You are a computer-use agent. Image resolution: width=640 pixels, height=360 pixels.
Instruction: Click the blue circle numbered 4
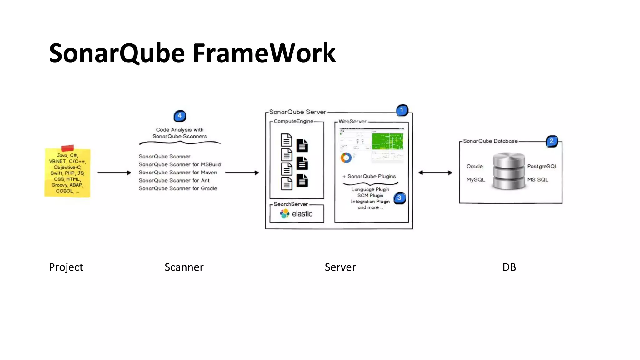180,116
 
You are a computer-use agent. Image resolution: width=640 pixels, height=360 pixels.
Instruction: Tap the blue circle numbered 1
402,110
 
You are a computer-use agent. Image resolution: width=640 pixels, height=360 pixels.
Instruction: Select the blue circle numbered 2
552,141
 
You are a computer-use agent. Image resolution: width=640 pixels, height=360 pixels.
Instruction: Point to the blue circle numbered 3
399,198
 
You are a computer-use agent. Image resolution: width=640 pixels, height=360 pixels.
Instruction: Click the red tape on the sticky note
67,148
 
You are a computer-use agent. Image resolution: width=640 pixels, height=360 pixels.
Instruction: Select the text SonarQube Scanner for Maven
178,172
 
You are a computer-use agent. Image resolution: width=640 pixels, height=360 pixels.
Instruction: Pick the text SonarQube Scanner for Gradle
178,188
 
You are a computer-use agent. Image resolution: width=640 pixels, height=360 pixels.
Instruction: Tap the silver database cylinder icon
508,171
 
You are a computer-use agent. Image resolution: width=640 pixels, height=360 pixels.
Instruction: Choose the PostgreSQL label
542,166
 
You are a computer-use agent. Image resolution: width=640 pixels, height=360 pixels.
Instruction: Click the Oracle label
474,166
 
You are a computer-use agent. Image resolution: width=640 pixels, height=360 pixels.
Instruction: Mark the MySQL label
475,180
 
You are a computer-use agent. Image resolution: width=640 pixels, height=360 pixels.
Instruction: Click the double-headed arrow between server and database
435,172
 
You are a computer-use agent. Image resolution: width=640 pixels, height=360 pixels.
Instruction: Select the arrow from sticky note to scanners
114,172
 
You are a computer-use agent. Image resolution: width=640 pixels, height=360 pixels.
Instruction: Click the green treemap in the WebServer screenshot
387,141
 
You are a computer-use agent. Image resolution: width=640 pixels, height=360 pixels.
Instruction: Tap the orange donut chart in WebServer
346,157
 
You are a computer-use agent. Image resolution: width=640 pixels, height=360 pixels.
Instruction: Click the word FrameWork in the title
264,53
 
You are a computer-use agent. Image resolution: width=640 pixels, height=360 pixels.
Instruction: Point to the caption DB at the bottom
509,267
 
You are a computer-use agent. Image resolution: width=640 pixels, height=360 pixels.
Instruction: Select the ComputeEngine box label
293,121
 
